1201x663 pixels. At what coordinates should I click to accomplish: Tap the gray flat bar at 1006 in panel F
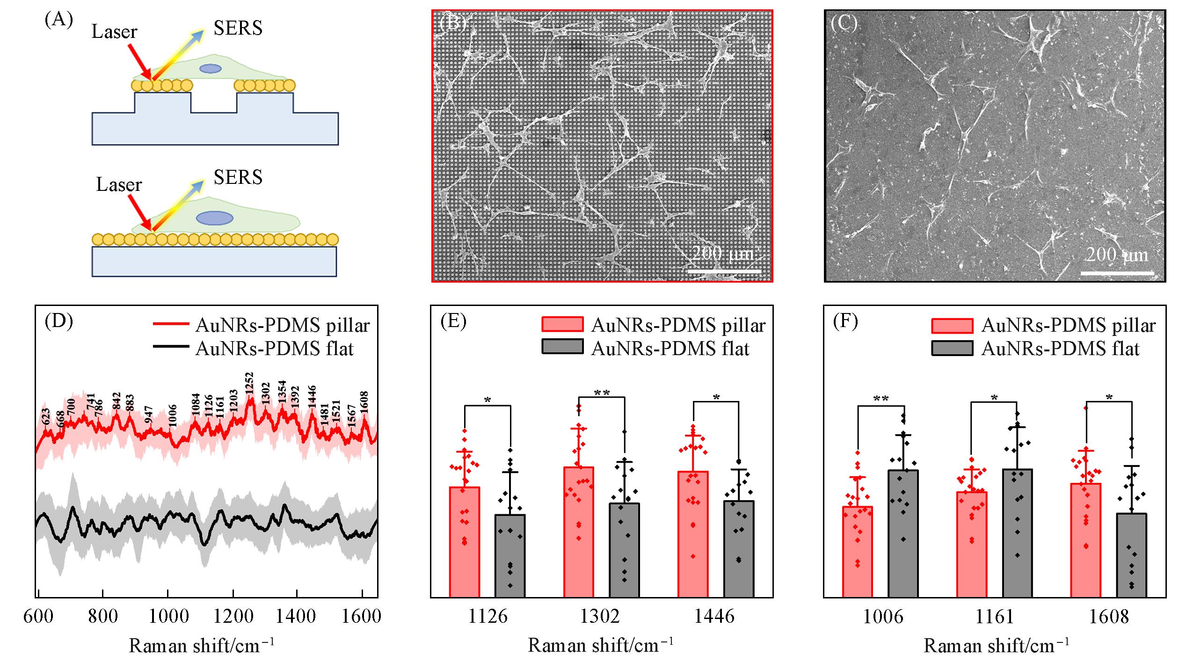[903, 533]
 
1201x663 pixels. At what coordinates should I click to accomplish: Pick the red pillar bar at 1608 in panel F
[1086, 540]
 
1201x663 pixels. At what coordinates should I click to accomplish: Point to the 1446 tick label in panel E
[714, 617]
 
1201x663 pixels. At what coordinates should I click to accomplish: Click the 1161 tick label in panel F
[995, 617]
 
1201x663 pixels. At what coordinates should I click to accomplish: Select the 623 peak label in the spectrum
[46, 416]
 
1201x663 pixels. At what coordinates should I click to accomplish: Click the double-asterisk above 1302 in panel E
[602, 393]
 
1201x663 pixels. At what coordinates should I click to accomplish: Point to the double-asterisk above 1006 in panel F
[881, 399]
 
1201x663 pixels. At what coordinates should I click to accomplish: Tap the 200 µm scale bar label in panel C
[1117, 255]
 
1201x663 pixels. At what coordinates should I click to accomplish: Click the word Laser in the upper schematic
[114, 32]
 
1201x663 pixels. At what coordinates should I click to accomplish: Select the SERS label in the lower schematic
[238, 177]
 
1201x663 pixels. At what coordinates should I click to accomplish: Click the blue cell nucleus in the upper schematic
[211, 68]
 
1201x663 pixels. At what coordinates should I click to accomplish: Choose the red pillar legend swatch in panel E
[562, 324]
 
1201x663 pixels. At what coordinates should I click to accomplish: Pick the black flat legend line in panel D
[171, 348]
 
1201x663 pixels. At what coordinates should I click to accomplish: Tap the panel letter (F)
[845, 322]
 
